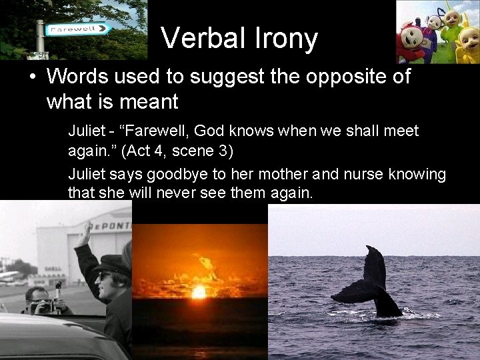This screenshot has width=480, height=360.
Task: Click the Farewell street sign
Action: point(79,29)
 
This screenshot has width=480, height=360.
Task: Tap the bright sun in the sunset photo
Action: point(199,291)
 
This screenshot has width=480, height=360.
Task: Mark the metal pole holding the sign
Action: point(40,37)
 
